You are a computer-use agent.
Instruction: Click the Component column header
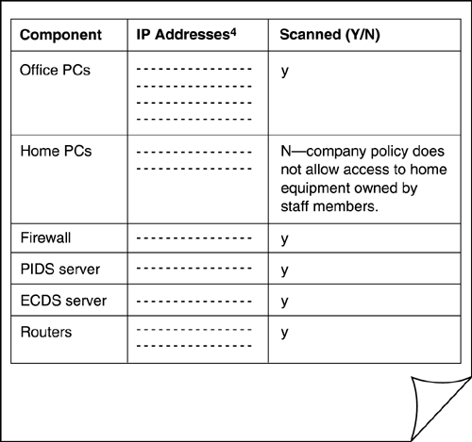(x=60, y=35)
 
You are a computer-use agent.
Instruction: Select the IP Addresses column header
(x=186, y=34)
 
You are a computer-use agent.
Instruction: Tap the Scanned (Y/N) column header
(x=329, y=35)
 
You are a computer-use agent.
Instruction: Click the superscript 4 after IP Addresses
(x=233, y=32)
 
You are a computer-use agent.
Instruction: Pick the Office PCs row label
(x=55, y=70)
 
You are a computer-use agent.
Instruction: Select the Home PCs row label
(x=56, y=151)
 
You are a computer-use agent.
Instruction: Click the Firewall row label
(x=45, y=237)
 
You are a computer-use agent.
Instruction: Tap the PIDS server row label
(x=60, y=269)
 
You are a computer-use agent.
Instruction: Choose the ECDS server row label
(x=63, y=301)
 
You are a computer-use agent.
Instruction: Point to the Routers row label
(x=46, y=332)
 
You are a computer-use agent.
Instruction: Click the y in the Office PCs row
(x=285, y=72)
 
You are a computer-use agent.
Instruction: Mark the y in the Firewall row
(x=285, y=239)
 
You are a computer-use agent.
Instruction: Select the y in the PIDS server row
(x=285, y=270)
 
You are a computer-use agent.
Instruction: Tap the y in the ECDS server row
(x=285, y=302)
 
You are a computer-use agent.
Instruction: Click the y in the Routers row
(x=285, y=333)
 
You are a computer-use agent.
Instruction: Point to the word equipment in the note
(x=314, y=188)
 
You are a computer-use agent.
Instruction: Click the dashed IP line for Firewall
(x=194, y=237)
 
